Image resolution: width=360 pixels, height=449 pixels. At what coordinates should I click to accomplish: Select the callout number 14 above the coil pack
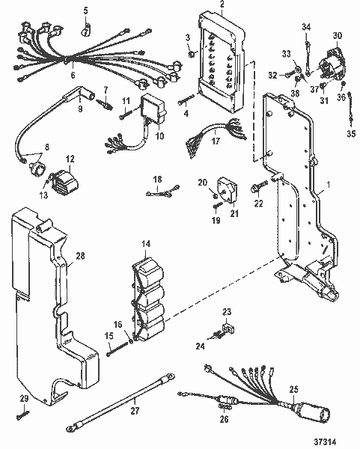pyautogui.click(x=144, y=244)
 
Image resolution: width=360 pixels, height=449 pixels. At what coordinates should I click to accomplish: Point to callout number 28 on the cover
pyautogui.click(x=80, y=256)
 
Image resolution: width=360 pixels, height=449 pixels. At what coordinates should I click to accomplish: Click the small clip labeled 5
pyautogui.click(x=85, y=29)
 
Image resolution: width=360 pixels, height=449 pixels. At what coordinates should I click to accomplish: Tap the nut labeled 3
pyautogui.click(x=193, y=54)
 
